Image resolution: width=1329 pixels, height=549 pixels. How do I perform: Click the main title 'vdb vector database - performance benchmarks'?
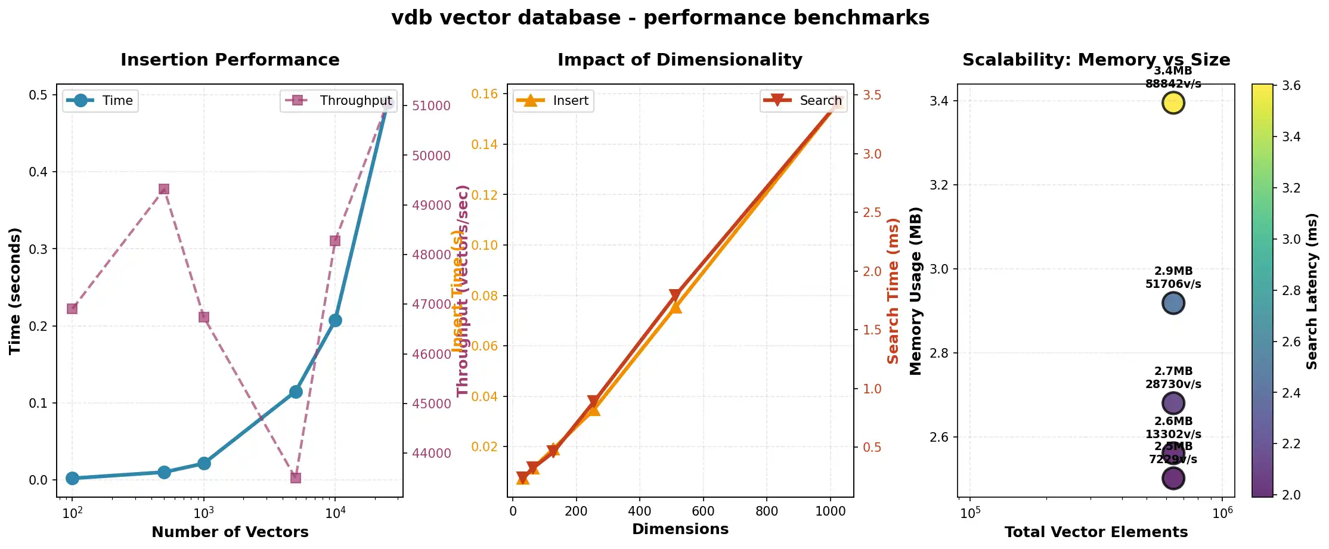tap(660, 18)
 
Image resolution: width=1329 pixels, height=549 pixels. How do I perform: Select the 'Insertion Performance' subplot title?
tap(230, 60)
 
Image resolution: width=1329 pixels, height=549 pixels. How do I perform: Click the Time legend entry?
tap(100, 101)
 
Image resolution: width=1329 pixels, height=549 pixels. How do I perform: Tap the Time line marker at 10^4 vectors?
tap(335, 320)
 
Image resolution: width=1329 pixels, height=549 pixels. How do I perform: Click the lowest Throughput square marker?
tap(296, 477)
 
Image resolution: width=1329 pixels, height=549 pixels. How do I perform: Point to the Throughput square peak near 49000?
tap(164, 189)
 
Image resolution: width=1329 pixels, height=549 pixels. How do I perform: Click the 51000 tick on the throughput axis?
tap(431, 106)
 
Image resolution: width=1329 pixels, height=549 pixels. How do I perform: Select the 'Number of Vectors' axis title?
tap(230, 532)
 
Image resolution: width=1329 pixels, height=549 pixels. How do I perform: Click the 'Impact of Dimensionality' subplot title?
tap(680, 60)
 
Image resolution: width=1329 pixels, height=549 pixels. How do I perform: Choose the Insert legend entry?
tap(553, 101)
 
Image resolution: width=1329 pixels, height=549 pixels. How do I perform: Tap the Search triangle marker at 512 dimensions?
tap(675, 296)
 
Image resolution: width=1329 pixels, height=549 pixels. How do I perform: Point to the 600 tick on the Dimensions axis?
tap(703, 511)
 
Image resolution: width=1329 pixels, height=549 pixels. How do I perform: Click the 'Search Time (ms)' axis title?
tap(893, 291)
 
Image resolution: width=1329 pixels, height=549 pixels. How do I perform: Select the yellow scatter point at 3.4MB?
tap(1173, 103)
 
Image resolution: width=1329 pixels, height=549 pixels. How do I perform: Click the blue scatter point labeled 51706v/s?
tap(1173, 303)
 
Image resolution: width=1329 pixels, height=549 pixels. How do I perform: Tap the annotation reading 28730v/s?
tap(1173, 384)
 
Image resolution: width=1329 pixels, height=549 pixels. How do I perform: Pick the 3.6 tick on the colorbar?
tap(1291, 86)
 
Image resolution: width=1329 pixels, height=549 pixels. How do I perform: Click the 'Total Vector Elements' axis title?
tap(1096, 532)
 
